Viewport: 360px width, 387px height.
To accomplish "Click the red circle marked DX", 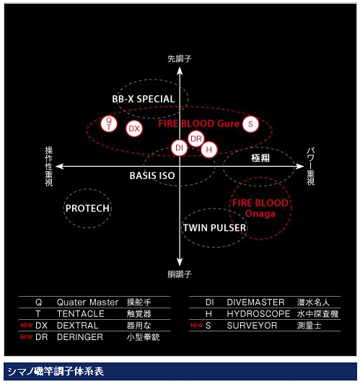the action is point(134,129).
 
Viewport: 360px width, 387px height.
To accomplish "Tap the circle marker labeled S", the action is point(250,124).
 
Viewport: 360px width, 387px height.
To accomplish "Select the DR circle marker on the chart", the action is point(196,139).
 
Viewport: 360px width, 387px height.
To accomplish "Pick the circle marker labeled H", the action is point(208,149).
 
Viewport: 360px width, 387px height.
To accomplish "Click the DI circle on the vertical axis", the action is point(179,147).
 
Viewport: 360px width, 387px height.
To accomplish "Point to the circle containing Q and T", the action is point(109,123).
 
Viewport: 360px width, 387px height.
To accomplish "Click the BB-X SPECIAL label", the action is point(144,99).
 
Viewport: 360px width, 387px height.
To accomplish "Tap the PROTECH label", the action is point(87,209).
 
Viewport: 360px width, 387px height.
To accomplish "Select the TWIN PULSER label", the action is point(214,228).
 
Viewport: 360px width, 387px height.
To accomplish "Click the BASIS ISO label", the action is point(152,175).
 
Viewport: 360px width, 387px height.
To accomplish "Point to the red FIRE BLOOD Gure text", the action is point(198,123).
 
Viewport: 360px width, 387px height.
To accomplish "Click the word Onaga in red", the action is point(260,214).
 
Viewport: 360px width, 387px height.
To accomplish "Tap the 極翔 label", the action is point(260,158).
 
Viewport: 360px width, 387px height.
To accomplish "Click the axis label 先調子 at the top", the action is point(180,59).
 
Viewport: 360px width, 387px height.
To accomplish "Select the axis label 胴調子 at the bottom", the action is point(180,274).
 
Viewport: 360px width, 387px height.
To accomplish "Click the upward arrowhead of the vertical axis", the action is point(180,71).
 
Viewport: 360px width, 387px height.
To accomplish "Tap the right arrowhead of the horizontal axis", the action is point(300,166).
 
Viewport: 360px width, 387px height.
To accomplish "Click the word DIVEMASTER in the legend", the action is point(255,303).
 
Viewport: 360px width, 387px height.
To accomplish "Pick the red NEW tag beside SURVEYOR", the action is point(196,326).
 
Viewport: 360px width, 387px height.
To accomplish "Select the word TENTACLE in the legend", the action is point(81,314).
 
